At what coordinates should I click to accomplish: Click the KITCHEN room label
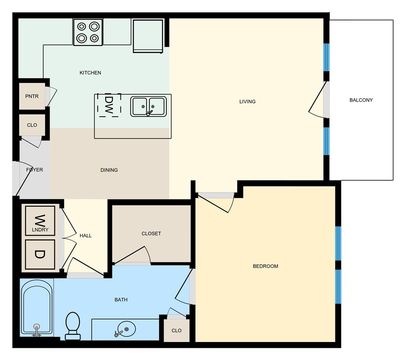click(90, 73)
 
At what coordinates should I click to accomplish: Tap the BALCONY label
click(361, 100)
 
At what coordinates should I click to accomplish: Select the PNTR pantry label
click(32, 96)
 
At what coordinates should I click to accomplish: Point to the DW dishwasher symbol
click(109, 105)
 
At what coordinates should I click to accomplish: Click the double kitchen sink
click(148, 106)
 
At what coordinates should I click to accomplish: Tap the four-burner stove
click(88, 32)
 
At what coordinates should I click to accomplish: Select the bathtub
click(37, 307)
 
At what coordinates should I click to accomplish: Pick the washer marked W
click(40, 220)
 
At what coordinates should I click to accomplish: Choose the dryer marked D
click(40, 254)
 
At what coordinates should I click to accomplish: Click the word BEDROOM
click(265, 266)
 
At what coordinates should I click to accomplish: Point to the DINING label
click(109, 170)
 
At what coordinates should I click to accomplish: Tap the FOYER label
click(34, 170)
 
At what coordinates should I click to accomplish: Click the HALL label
click(85, 236)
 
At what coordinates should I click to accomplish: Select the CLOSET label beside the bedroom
click(151, 234)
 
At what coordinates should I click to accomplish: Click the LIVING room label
click(247, 102)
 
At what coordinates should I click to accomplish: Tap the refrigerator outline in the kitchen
click(148, 36)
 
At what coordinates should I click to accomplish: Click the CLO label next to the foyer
click(32, 125)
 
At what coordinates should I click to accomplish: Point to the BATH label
click(121, 300)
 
